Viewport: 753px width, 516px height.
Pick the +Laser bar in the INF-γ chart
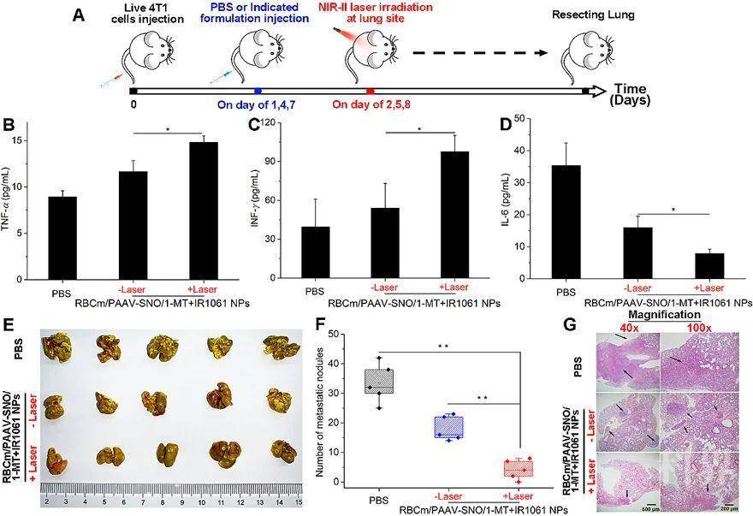[455, 215]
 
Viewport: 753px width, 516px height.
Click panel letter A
[78, 15]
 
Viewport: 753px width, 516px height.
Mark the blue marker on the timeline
[258, 90]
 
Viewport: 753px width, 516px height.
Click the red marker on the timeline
[370, 90]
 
